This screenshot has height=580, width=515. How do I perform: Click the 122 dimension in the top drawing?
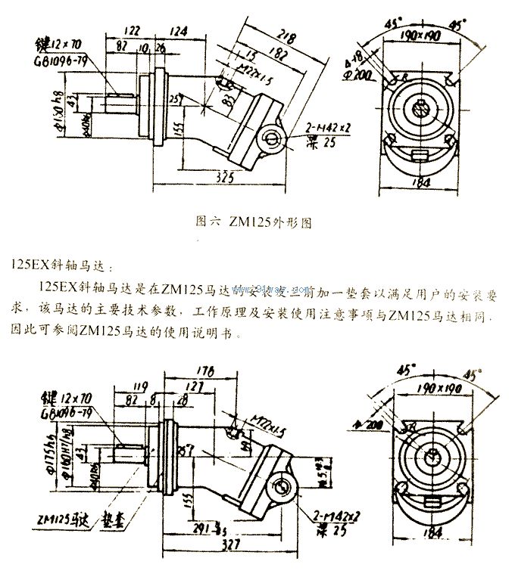click(x=132, y=31)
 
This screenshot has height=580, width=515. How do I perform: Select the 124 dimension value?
click(x=179, y=31)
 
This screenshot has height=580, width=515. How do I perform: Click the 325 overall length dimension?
click(x=223, y=177)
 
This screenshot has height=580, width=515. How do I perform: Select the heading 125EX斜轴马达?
click(x=61, y=266)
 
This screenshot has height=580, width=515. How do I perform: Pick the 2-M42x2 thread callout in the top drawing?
click(x=327, y=129)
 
